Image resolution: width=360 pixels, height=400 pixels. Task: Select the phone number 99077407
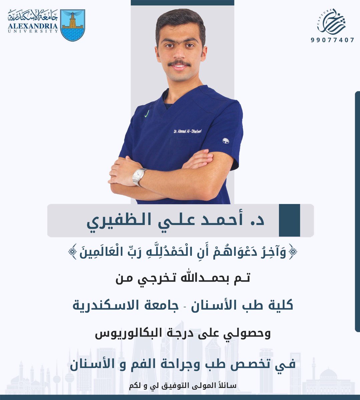[x=332, y=40]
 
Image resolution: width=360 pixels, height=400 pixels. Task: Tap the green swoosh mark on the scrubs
[x=146, y=114]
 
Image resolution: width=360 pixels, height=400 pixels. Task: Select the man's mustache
[x=179, y=63]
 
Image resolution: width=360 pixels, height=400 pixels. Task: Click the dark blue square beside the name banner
[x=289, y=220]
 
